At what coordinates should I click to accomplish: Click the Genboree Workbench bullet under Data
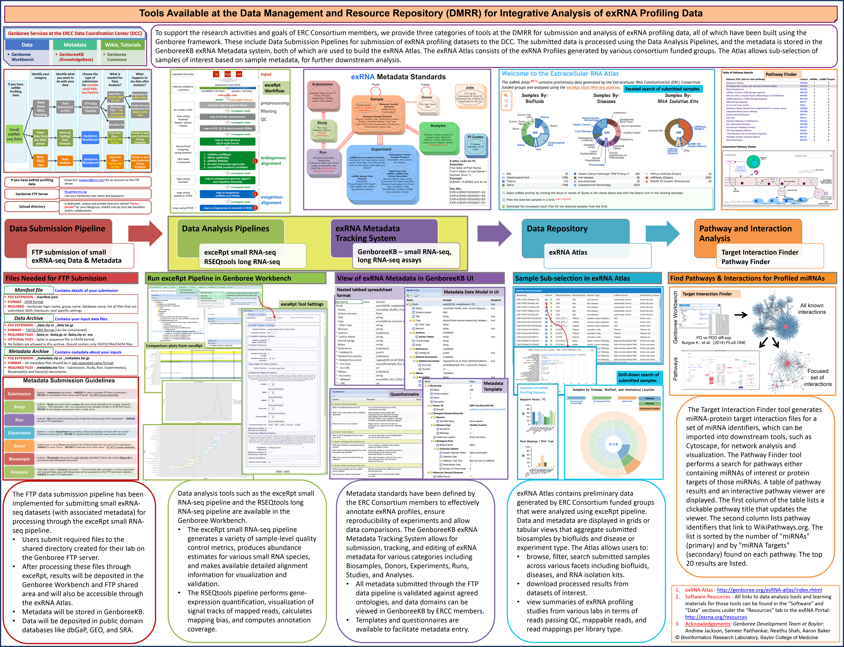point(22,57)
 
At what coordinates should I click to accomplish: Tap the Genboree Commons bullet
point(117,57)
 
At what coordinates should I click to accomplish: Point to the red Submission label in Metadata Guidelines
point(19,394)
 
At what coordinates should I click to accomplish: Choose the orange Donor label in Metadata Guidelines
point(19,446)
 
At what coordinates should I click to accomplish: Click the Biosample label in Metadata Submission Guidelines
point(19,459)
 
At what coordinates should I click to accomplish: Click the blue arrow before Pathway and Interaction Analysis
point(662,233)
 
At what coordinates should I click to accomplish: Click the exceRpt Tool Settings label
point(302,304)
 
